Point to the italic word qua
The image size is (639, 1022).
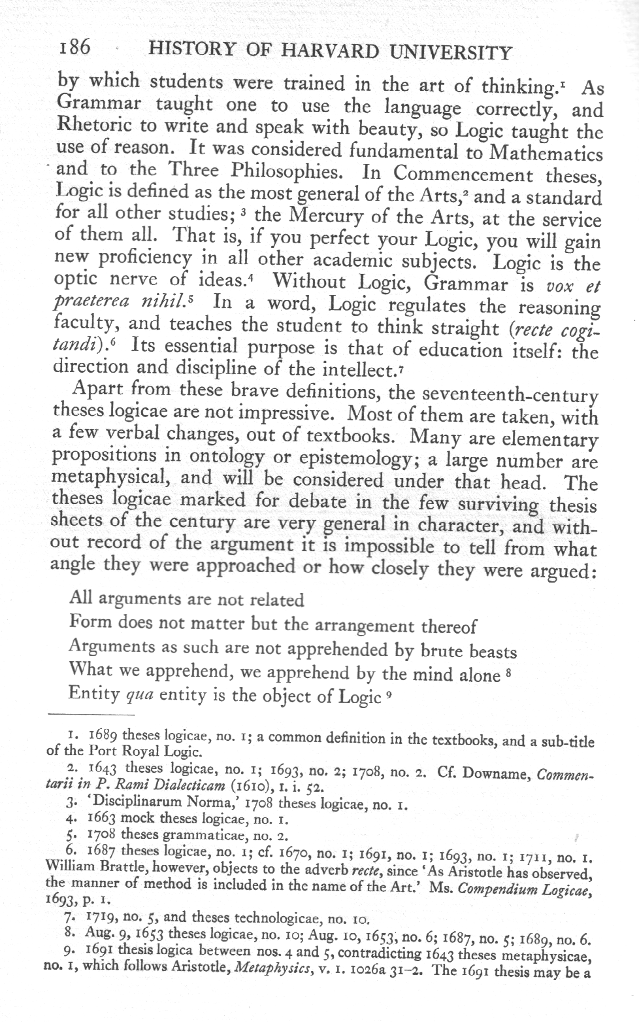[x=139, y=694]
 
